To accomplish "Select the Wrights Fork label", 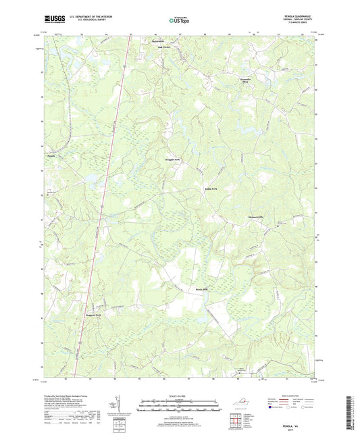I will pyautogui.click(x=173, y=160).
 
